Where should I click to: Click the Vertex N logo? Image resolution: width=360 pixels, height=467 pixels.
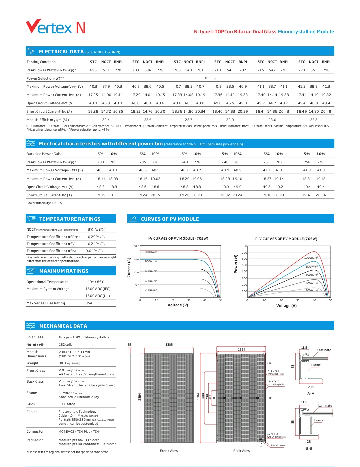(55, 27)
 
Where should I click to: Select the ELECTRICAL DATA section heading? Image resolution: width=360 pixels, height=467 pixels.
(61, 52)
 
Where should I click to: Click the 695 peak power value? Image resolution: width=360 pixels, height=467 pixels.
(93, 70)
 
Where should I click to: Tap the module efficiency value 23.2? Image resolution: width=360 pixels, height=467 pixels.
(314, 120)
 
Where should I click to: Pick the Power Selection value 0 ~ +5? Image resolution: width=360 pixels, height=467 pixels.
(210, 78)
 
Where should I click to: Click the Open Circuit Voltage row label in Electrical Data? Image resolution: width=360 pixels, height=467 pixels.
(50, 103)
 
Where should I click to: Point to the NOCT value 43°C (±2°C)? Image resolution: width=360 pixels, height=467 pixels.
(95, 230)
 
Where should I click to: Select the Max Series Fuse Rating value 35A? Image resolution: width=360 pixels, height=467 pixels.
(89, 303)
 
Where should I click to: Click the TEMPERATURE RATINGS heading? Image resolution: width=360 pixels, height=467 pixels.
(70, 219)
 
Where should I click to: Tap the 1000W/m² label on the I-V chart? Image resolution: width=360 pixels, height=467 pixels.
(152, 252)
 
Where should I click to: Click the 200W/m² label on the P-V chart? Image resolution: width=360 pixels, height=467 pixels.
(312, 290)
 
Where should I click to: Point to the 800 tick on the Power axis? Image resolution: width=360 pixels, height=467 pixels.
(244, 246)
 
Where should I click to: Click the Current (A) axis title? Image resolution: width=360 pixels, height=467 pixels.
(129, 267)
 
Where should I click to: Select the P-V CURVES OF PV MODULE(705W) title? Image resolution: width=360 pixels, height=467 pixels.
(286, 239)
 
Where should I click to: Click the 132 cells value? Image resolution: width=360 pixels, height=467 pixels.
(66, 345)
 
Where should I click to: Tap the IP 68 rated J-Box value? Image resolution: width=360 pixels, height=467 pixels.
(67, 404)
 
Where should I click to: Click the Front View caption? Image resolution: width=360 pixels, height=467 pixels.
(169, 451)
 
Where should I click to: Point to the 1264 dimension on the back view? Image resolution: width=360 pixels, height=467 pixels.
(241, 350)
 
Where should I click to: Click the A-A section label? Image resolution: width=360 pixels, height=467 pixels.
(311, 394)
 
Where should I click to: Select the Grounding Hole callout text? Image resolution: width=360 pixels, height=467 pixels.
(276, 437)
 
